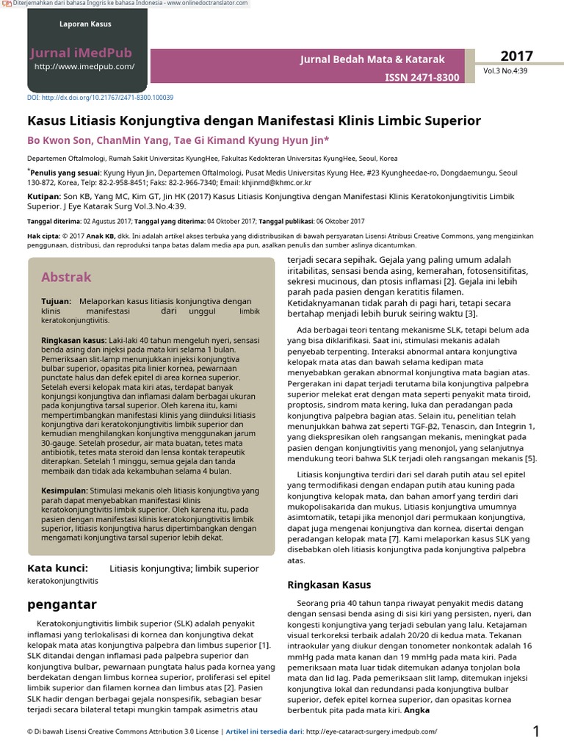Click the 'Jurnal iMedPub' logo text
82,52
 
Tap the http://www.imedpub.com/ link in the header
84,67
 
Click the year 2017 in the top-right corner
517,57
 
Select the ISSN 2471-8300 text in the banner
422,77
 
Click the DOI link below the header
100,98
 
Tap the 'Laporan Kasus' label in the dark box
85,24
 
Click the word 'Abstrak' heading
66,277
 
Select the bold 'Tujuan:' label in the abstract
56,302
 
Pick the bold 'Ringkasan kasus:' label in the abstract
73,341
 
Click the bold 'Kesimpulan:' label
65,491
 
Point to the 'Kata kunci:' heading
57,568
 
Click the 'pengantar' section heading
62,604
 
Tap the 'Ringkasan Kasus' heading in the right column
328,585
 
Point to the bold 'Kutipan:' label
43,198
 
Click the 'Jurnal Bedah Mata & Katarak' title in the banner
372,59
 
